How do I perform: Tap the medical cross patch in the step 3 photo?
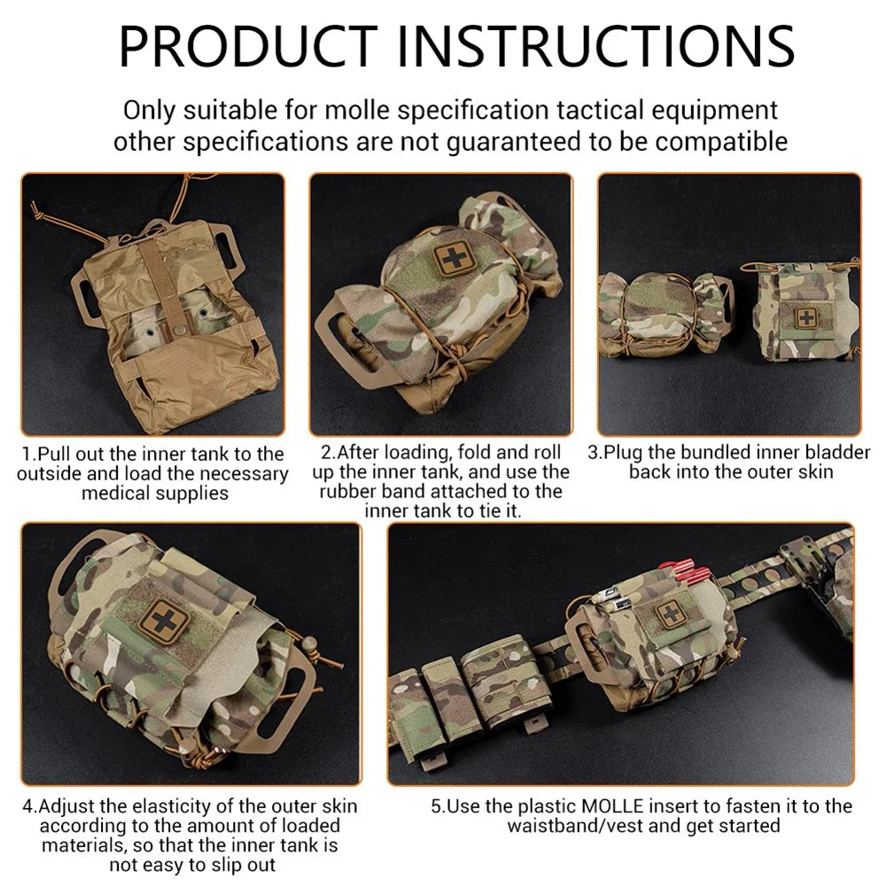pos(806,317)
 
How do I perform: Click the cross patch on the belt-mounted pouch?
pos(671,612)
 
